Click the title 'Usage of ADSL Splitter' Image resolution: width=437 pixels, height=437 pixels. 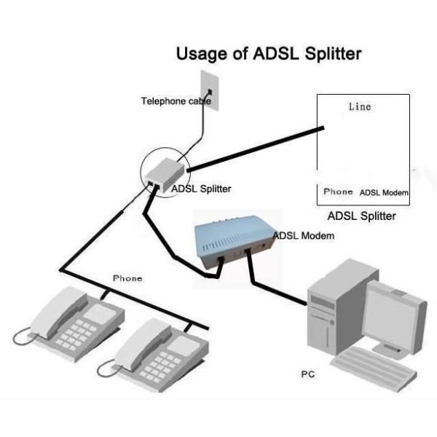(x=269, y=54)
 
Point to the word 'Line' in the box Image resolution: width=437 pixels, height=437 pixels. (x=358, y=107)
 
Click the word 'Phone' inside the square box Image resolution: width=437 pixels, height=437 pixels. (x=338, y=192)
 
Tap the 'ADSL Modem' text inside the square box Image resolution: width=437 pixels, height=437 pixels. (x=384, y=193)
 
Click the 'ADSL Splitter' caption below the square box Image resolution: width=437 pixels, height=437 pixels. (x=361, y=216)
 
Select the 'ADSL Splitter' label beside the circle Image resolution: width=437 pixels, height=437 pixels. (x=201, y=189)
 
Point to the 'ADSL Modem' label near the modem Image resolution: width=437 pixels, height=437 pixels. (x=304, y=236)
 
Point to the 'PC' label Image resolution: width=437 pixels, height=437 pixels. (x=308, y=374)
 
